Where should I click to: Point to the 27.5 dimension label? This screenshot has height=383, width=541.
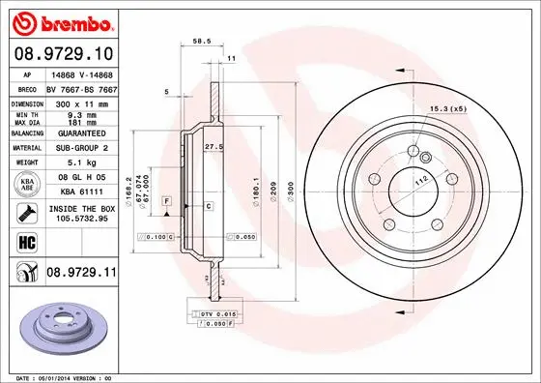pos(214,145)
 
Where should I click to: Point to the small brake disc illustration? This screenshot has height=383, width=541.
pos(66,324)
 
